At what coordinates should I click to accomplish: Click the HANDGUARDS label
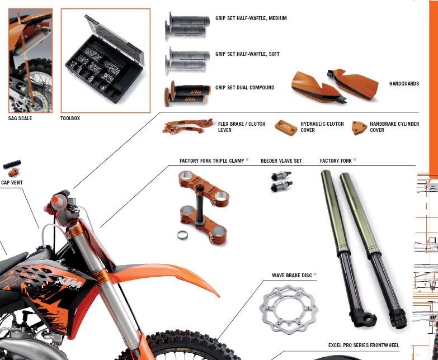[404, 83]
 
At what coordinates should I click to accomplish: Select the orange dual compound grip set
[187, 94]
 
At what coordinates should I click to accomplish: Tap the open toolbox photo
[106, 60]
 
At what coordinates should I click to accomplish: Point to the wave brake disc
[289, 310]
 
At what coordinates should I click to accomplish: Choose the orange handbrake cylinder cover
[359, 128]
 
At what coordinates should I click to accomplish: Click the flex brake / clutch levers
[187, 126]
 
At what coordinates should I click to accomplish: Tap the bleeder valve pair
[281, 181]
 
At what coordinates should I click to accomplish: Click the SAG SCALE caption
[20, 119]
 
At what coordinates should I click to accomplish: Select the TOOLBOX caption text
[70, 119]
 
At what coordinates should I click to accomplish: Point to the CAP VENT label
[12, 182]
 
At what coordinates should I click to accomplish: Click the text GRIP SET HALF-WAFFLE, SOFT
[247, 54]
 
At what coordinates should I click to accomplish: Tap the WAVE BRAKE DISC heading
[292, 276]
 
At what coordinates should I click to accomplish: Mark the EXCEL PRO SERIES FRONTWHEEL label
[364, 345]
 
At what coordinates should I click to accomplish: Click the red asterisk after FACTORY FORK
[355, 160]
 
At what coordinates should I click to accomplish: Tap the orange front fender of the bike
[165, 276]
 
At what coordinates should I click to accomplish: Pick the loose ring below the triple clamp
[182, 235]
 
